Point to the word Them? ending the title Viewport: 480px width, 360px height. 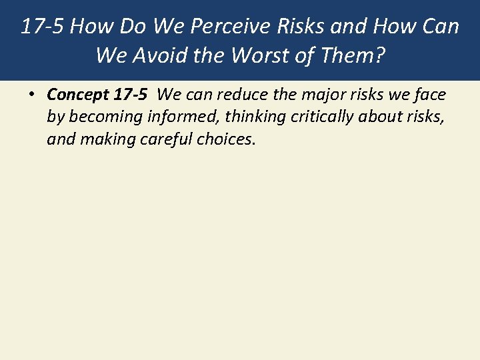[x=352, y=55]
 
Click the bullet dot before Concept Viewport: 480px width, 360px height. [x=32, y=95]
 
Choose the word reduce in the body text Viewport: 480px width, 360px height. [x=237, y=95]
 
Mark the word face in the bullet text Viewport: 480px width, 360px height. [x=429, y=95]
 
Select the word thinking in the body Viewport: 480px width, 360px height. [x=256, y=118]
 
